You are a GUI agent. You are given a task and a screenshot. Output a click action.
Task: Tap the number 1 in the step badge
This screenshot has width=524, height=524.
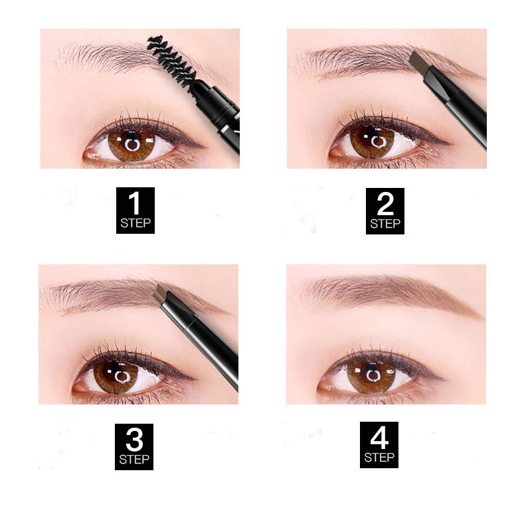(x=136, y=203)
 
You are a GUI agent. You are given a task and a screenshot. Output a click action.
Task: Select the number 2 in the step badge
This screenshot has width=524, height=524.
(x=385, y=203)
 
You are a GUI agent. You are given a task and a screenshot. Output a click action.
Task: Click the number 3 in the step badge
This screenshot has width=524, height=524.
(x=135, y=439)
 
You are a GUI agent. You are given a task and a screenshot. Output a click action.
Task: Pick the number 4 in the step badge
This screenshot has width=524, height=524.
(x=379, y=438)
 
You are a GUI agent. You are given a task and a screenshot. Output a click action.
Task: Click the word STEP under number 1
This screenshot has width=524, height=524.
(x=136, y=223)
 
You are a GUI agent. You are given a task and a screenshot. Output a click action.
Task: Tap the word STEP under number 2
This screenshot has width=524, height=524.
(x=385, y=224)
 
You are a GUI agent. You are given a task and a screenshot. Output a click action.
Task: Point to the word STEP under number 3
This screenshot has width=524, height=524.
(x=135, y=460)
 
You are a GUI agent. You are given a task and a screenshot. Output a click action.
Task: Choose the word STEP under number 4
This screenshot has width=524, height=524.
(x=379, y=458)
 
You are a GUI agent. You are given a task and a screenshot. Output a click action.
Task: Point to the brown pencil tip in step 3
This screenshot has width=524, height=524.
(x=164, y=294)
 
